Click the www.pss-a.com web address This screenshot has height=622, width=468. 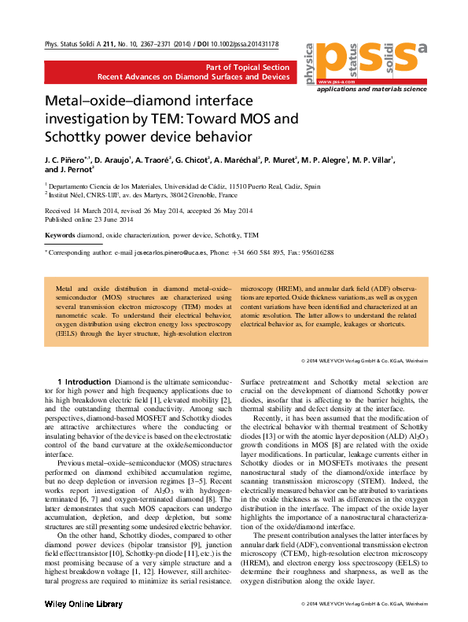tap(334, 81)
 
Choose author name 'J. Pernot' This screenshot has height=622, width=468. tap(75, 170)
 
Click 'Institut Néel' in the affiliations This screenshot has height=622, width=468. tap(69, 194)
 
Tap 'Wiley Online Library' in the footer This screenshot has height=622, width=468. tap(83, 604)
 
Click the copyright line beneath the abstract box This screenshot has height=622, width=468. tap(363, 360)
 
